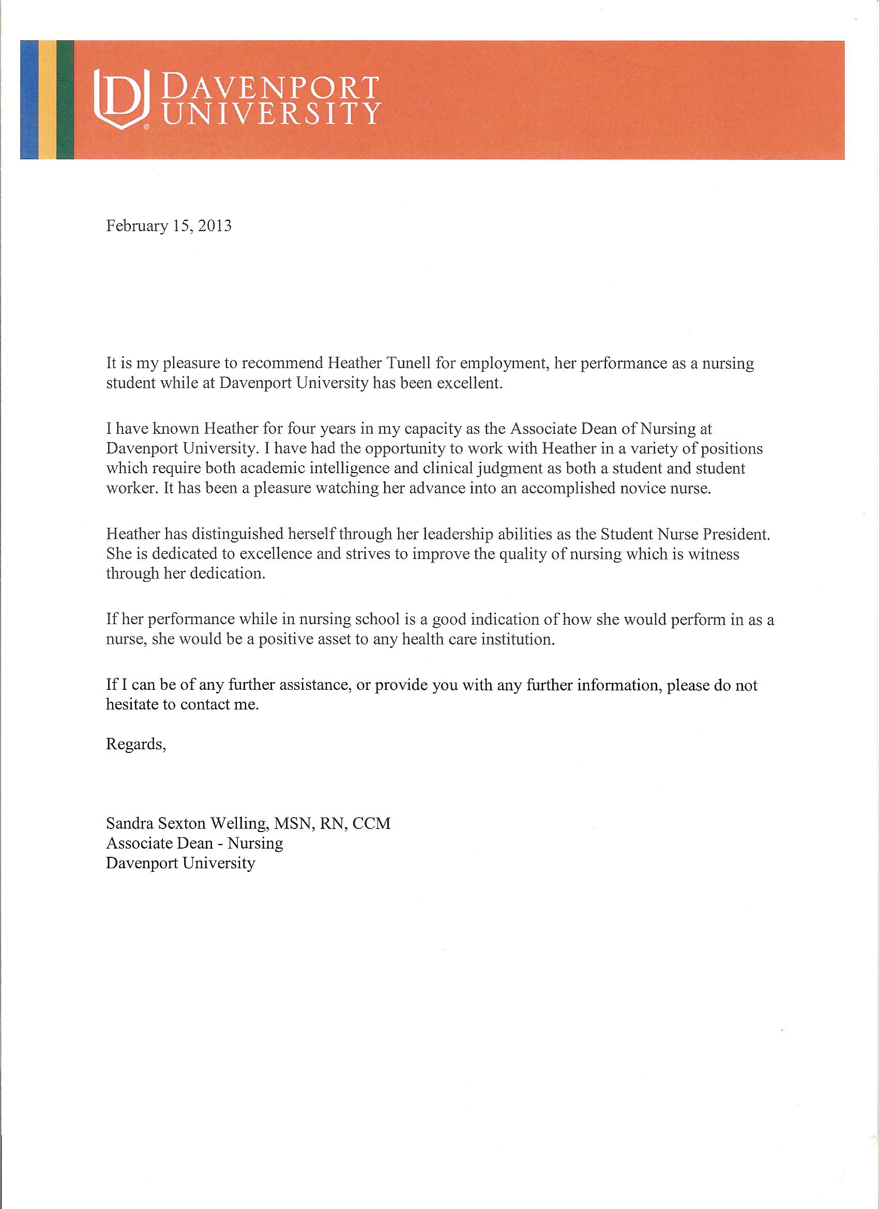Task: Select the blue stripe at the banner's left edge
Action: (30, 100)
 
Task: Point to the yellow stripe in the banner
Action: (48, 100)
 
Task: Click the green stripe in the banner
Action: (65, 100)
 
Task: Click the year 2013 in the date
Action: (215, 226)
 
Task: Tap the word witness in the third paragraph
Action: (714, 554)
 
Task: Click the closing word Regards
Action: (136, 744)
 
